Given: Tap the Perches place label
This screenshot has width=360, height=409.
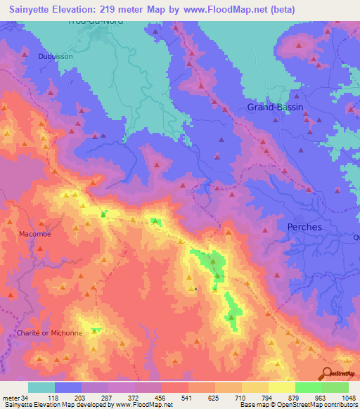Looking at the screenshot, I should pyautogui.click(x=304, y=227).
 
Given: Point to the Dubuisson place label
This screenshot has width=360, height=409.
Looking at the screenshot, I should pyautogui.click(x=56, y=57).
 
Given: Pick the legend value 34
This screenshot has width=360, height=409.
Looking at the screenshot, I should pyautogui.click(x=28, y=398).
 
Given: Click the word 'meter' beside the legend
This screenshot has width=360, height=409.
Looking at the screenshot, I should pyautogui.click(x=11, y=398).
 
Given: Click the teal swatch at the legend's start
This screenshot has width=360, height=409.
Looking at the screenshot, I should pyautogui.click(x=41, y=387).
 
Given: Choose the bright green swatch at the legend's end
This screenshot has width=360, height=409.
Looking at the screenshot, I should pyautogui.click(x=335, y=387).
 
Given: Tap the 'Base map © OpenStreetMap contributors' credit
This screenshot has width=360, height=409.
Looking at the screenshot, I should pyautogui.click(x=298, y=405).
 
